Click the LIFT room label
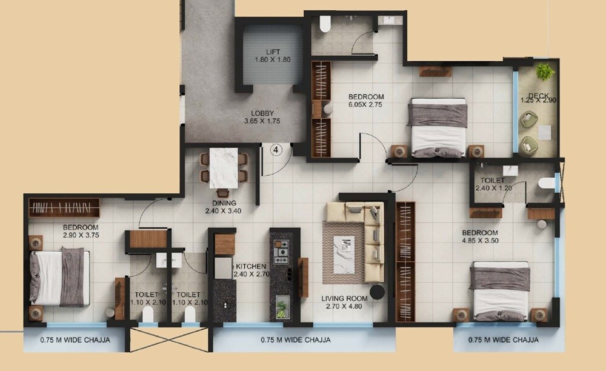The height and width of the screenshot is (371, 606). [272, 51]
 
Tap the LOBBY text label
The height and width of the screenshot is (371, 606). [263, 113]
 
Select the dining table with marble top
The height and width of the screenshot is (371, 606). [224, 168]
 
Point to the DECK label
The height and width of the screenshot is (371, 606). [537, 96]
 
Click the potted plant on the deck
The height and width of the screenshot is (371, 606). [544, 72]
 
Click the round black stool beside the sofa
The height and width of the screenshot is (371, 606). [377, 292]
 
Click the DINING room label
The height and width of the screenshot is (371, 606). [224, 203]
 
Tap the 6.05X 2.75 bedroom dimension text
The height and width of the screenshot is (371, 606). [366, 105]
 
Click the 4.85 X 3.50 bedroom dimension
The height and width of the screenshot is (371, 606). [480, 241]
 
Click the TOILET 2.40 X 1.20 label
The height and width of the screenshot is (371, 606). [496, 184]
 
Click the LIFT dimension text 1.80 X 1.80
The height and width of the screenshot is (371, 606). [272, 59]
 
